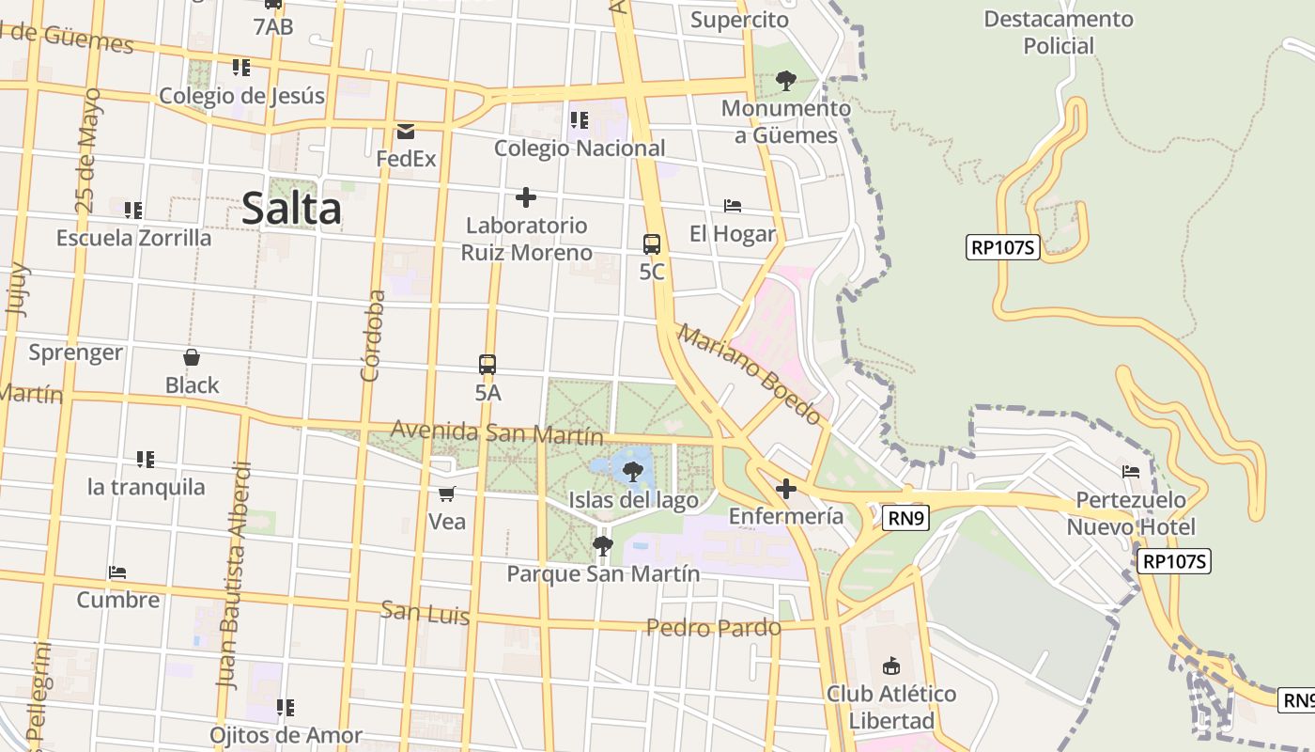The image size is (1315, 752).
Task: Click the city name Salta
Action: coord(291,208)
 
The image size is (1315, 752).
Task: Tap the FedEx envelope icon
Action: coord(406,132)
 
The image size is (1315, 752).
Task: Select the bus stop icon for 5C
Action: coord(652,244)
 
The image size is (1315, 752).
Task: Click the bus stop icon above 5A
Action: coord(487,365)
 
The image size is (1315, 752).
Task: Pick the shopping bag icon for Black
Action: coord(192,357)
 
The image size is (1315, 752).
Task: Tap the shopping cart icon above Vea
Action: coord(447,493)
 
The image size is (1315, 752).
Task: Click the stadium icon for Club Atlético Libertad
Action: coord(890,666)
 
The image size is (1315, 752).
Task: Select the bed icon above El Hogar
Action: coord(733,206)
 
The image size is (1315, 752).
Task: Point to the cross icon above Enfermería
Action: coord(786,489)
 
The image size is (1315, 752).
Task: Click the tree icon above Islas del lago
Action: coord(633,472)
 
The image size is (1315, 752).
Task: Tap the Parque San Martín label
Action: coord(603,573)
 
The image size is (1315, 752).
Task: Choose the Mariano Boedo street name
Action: coord(750,374)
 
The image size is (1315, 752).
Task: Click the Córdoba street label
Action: coord(373,336)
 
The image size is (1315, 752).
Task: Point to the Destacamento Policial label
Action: coord(1059,32)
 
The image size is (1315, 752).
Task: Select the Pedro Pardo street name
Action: coord(714,627)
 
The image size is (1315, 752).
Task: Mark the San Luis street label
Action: coord(425,613)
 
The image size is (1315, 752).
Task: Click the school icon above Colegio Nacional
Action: coord(580,120)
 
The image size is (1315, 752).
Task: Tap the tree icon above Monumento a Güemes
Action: coord(786,81)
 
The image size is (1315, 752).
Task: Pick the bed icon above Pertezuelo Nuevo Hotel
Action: coord(1131,471)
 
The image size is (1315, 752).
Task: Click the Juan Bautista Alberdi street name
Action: coord(234,575)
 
